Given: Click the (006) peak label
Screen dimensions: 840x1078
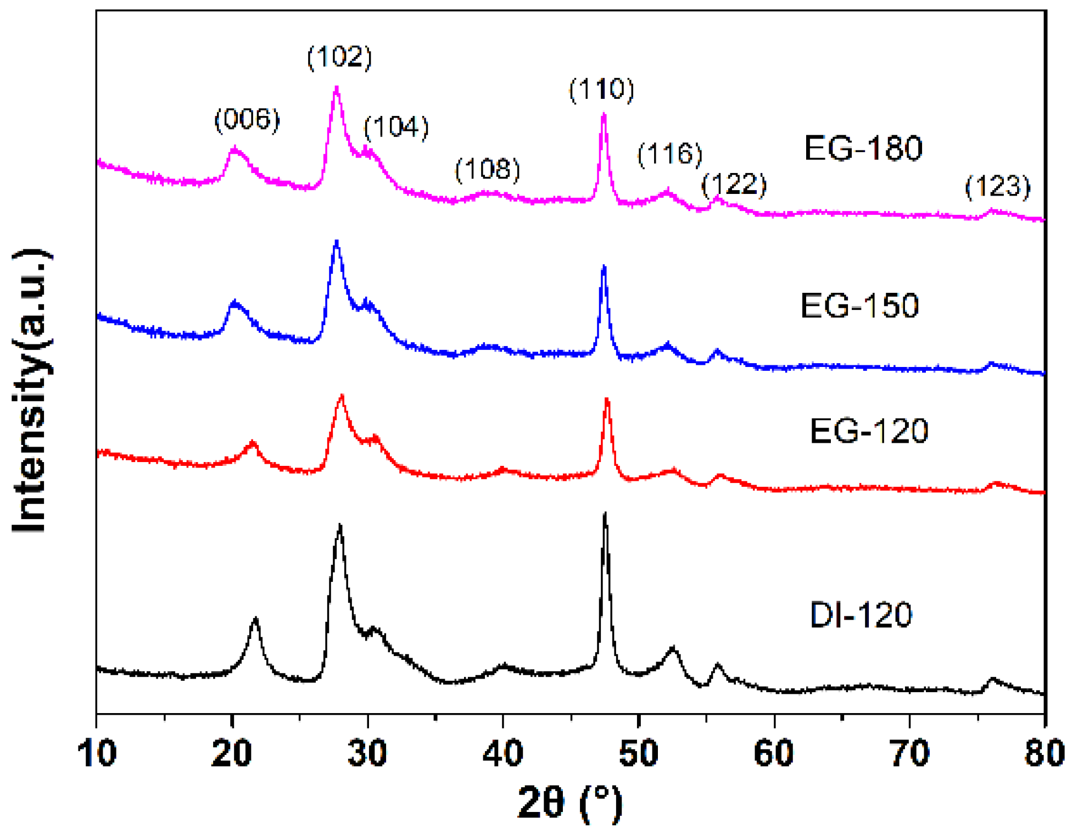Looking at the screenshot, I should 247,119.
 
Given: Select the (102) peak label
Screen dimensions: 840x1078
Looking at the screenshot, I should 339,57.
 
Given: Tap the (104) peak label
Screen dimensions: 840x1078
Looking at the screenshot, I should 396,127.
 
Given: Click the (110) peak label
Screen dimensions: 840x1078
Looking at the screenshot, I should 601,89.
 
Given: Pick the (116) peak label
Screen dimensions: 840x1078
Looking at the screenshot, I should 669,154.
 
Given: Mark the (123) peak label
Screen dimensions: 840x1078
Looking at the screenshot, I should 997,187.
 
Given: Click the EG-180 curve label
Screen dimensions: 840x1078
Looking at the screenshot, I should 863,148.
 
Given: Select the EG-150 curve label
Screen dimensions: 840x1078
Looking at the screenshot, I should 859,305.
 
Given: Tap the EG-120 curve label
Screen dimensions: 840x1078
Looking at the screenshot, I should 869,431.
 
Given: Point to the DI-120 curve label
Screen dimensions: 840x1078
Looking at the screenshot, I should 861,615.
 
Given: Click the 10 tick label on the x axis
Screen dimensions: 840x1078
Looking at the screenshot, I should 97,753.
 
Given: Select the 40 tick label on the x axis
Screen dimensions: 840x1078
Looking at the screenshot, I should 502,753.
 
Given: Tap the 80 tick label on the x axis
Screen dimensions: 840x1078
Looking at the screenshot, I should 1044,753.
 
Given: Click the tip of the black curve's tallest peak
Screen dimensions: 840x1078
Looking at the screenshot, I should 605,514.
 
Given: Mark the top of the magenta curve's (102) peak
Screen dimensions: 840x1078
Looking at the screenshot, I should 336,87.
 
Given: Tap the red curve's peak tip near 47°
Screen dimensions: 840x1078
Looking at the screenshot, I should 607,399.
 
